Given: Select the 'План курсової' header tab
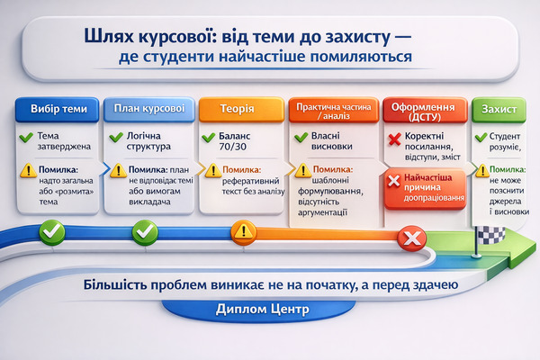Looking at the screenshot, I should point(150,109).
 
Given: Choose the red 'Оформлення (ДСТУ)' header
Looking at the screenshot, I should point(424,109).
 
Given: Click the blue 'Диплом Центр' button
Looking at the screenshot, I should point(263,310).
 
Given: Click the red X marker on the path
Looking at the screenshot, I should point(413,238).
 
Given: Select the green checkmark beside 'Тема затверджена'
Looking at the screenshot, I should point(27,138).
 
